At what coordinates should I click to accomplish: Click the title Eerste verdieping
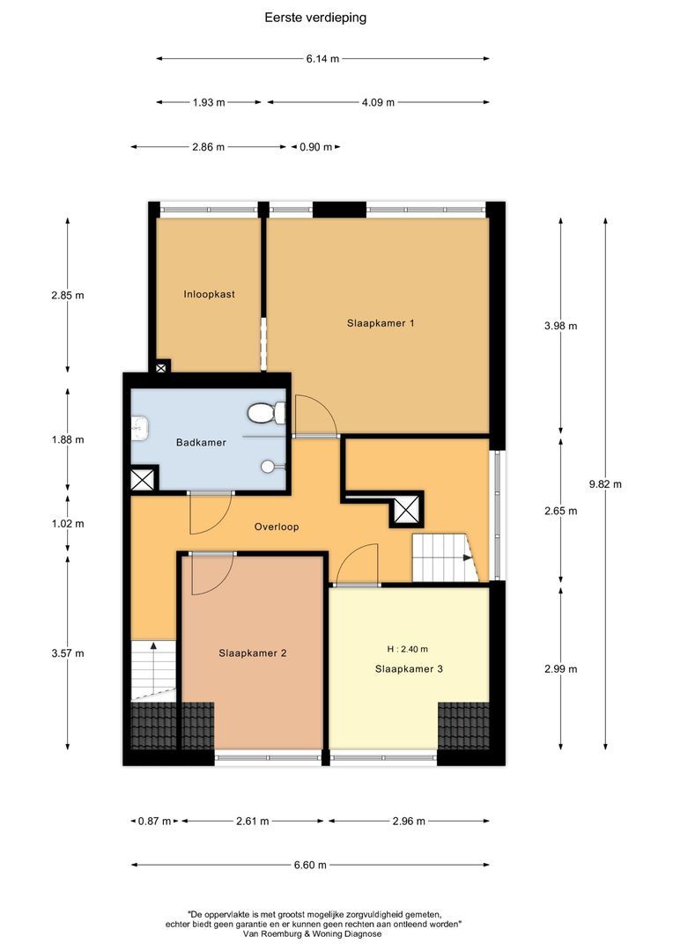point(314,17)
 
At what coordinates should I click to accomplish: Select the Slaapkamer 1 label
point(381,323)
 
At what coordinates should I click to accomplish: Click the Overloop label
point(277,527)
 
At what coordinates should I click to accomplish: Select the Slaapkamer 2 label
point(252,653)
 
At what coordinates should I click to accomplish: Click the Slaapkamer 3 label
point(409,669)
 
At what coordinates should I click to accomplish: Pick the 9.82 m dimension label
point(605,483)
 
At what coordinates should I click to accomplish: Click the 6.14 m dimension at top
point(322,59)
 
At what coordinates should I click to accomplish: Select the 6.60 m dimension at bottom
point(309,865)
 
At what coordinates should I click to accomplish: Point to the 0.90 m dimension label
point(315,147)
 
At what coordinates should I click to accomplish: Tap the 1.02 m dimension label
point(68,523)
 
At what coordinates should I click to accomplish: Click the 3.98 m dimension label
point(561,326)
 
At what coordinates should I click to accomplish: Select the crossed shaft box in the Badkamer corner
point(142,479)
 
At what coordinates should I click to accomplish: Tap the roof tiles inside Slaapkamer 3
point(463,724)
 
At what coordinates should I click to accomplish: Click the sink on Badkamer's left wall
point(138,429)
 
